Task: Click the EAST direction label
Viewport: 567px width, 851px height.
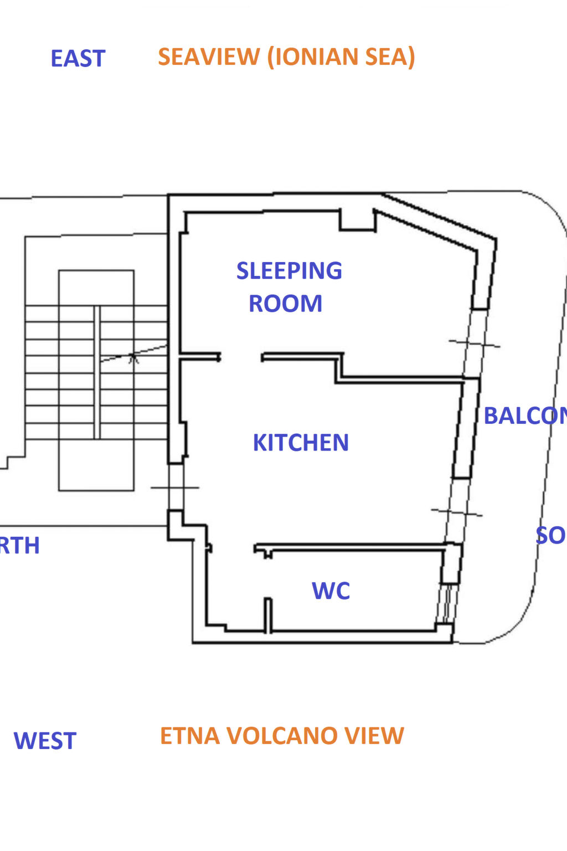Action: [78, 59]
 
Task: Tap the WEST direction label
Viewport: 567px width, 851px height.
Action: [45, 741]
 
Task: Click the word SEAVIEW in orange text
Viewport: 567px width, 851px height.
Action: [209, 57]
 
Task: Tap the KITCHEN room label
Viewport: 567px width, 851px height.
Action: [301, 443]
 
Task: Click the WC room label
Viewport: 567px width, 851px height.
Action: [331, 591]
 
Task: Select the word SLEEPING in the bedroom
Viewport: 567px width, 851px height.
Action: [289, 271]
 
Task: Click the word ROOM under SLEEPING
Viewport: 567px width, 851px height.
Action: [285, 304]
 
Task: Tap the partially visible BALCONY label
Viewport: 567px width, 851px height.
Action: [525, 416]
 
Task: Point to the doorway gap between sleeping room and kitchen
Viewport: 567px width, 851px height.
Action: [241, 358]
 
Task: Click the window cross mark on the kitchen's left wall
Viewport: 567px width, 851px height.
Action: [175, 488]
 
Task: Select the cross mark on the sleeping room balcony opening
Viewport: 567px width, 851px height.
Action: [474, 344]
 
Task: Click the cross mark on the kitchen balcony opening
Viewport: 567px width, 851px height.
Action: [457, 512]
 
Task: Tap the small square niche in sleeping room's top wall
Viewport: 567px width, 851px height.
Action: [357, 221]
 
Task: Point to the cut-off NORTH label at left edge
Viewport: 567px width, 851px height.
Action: [20, 546]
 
